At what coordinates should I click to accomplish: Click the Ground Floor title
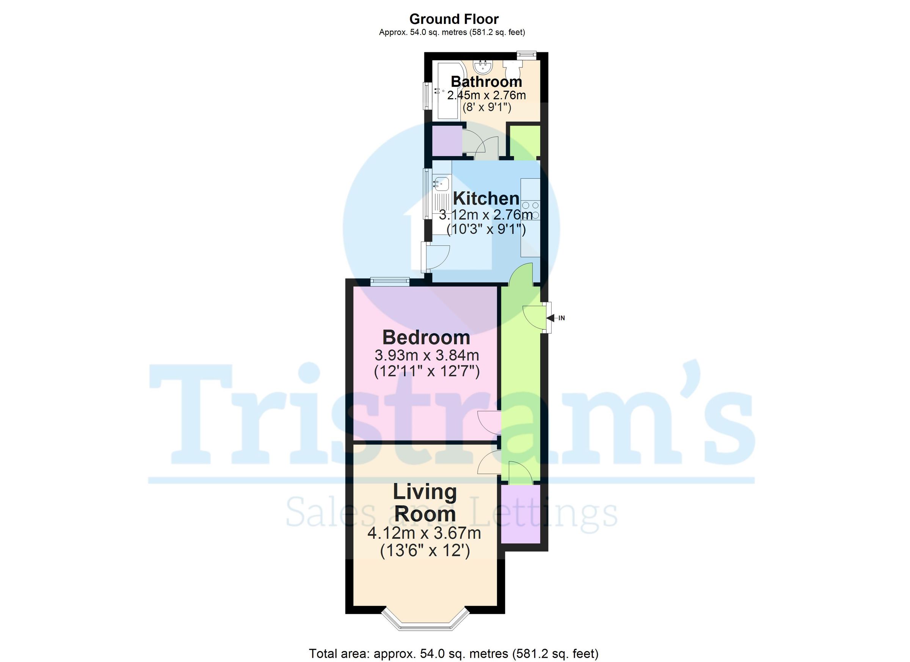coord(453,19)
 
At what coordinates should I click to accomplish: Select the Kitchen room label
coord(486,198)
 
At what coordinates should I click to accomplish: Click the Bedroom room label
coord(426,337)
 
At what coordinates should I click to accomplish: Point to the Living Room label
coord(425,503)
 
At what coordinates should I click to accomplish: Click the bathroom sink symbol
coord(484,67)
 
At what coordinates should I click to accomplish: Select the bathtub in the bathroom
coord(448,91)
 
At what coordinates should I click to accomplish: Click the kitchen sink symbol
coord(441,185)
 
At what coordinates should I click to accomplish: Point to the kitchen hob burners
coord(530,210)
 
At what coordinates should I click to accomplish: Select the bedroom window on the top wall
coord(389,282)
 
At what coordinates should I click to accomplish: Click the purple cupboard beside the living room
coord(520,514)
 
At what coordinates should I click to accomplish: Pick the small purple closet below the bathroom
coord(447,141)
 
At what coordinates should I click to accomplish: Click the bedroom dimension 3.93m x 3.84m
coord(427,355)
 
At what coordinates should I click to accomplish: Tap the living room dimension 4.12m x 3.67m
coord(424,533)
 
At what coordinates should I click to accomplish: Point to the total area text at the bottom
coord(453,654)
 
